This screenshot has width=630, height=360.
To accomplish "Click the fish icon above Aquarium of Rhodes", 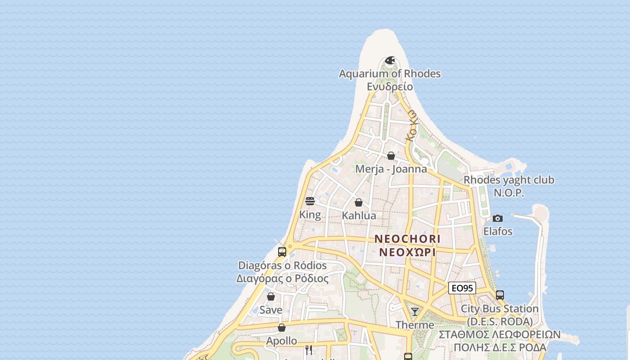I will [x=390, y=60].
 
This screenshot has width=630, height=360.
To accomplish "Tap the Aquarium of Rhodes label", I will [x=390, y=74].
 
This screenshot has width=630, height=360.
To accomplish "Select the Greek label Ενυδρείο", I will [x=390, y=86].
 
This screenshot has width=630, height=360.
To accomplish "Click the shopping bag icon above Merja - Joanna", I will [x=391, y=156].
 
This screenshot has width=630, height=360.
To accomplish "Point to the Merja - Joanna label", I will [x=391, y=169].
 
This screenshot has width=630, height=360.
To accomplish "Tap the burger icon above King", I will [x=310, y=201].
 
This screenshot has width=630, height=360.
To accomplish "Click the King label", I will [x=310, y=215].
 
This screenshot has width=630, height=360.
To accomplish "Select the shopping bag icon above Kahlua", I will [x=359, y=202].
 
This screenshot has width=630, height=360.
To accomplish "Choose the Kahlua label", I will [x=359, y=216].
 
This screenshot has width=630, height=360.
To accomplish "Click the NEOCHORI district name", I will [x=407, y=238].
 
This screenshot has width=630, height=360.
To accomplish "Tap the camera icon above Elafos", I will [x=498, y=218].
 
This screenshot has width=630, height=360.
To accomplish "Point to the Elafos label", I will [x=498, y=231].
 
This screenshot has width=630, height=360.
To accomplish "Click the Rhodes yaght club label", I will [x=509, y=180].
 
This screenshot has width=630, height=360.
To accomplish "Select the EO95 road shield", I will [x=462, y=288].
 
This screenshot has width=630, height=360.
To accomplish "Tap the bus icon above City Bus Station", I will [x=500, y=295].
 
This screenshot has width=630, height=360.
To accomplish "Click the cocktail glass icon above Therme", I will [x=415, y=311].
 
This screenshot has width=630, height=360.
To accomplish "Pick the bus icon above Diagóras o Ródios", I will [x=282, y=252].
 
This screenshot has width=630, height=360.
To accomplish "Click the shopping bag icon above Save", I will [x=271, y=297].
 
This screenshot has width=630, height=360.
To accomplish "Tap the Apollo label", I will [x=281, y=341].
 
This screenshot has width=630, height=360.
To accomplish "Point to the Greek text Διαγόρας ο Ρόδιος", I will [x=282, y=279].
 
